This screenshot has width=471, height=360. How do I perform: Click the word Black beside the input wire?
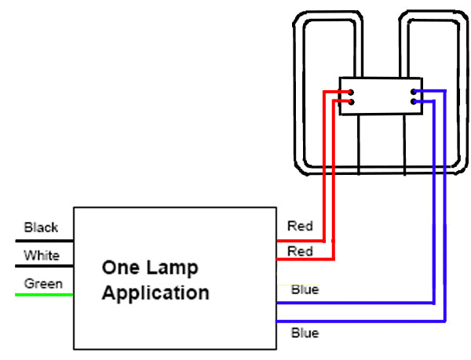tap(41, 227)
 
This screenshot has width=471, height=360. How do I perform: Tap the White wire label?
tap(41, 256)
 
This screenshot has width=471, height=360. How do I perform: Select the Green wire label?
tap(43, 283)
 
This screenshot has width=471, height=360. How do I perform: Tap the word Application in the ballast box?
tap(155, 294)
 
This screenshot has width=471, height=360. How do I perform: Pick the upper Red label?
tap(300, 227)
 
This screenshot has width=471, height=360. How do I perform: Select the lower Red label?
tap(300, 251)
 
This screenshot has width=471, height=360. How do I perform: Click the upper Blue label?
tap(305, 289)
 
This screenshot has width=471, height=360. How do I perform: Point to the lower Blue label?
tap(305, 333)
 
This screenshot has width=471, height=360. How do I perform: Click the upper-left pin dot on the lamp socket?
tap(350, 92)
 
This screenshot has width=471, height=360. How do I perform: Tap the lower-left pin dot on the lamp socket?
tap(350, 102)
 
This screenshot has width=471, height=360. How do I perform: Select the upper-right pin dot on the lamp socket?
tap(413, 92)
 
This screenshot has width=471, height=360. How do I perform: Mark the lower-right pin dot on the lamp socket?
tap(413, 102)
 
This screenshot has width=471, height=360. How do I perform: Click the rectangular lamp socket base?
tap(381, 96)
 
